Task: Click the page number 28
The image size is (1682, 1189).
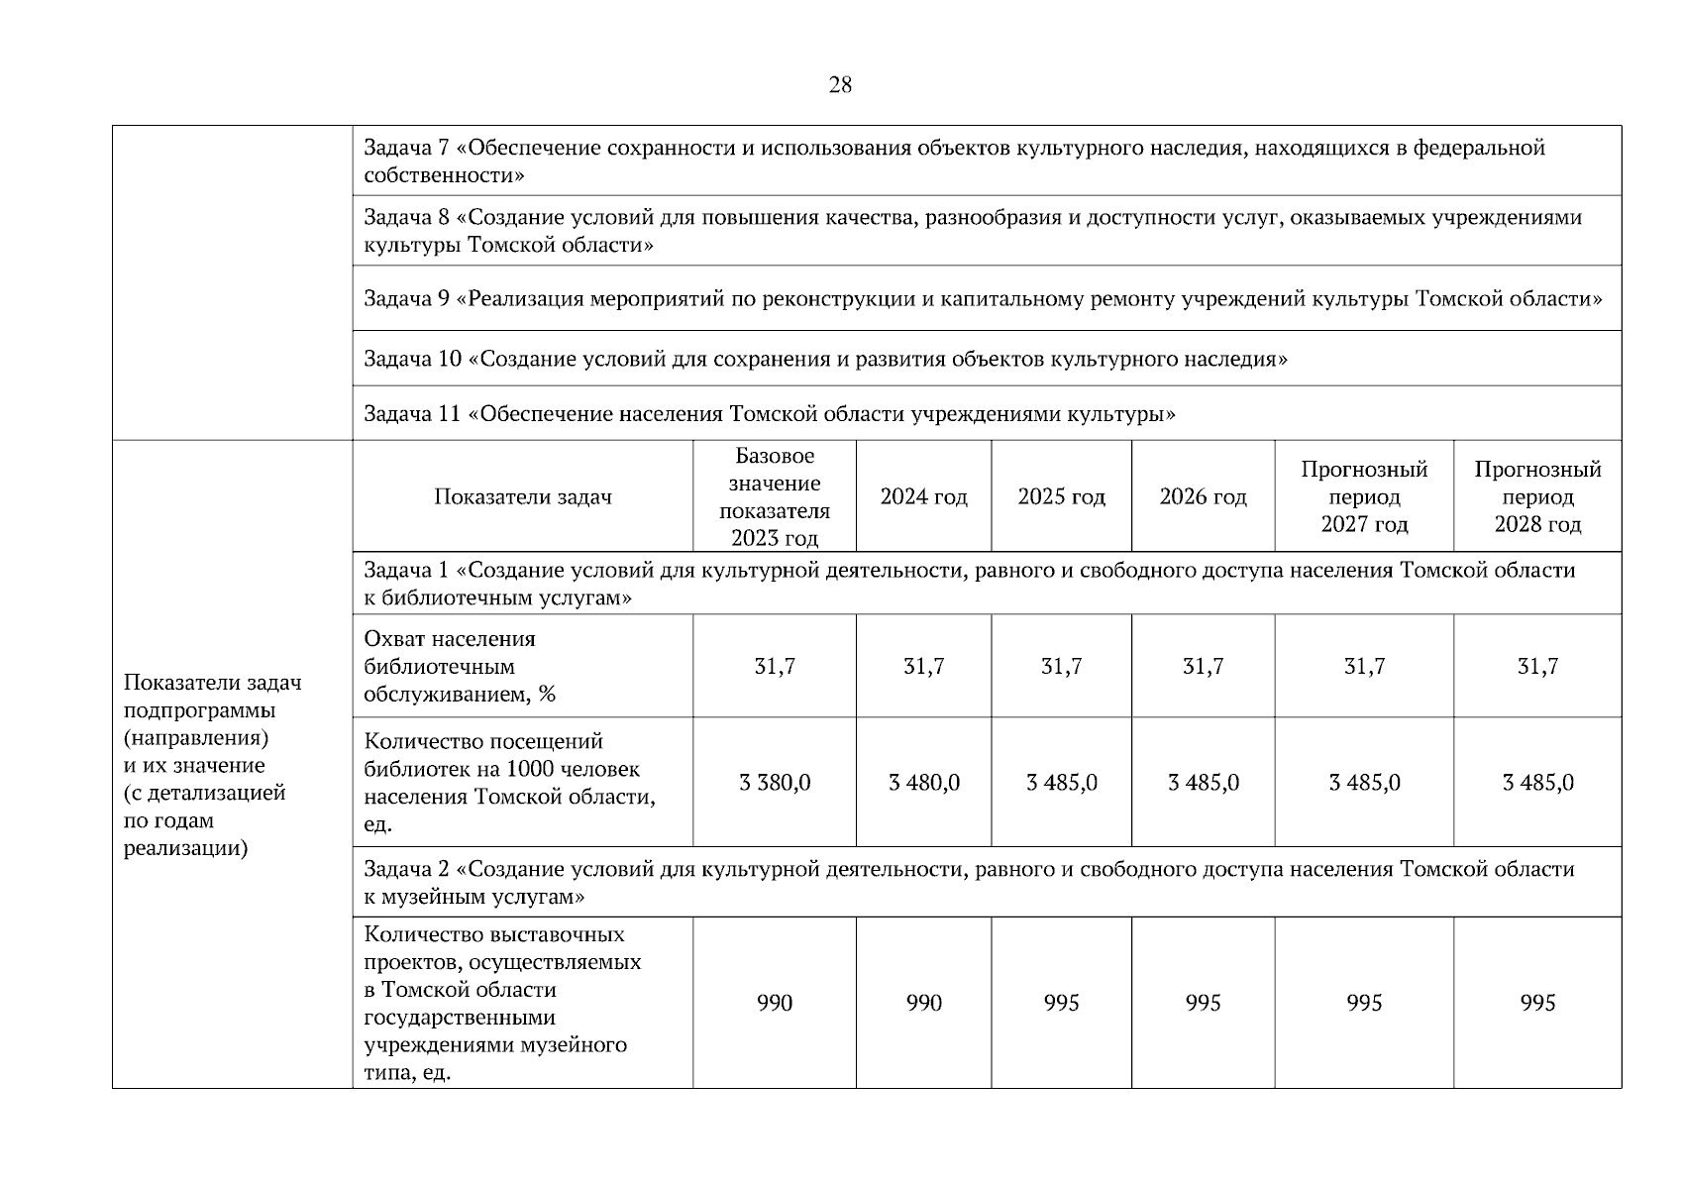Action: point(839,85)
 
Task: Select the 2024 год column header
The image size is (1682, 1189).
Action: point(923,496)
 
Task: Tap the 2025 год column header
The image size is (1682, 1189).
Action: point(1061,496)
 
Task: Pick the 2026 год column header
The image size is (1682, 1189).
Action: point(1203,496)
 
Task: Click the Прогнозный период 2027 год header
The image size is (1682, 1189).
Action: point(1364,496)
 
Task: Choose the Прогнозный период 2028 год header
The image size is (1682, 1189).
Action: point(1537,496)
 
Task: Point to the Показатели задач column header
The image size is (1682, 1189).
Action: point(522,496)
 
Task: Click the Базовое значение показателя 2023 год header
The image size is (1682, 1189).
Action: point(775,496)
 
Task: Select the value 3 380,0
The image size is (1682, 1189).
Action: point(775,783)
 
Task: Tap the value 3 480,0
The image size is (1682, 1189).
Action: point(923,783)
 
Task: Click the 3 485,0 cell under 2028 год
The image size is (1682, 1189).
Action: point(1537,783)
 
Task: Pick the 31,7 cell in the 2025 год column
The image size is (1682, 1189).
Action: point(1061,667)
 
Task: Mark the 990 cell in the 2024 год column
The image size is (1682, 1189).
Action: point(923,1003)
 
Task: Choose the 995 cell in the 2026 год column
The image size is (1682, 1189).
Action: point(1203,1003)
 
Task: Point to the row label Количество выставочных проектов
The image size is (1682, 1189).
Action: point(502,1003)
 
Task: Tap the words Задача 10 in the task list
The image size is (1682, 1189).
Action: point(412,359)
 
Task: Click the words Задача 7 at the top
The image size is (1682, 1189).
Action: point(406,149)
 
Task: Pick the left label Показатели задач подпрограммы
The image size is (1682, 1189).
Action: point(213,765)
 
